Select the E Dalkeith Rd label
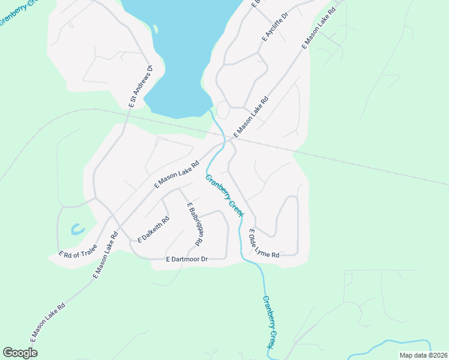point(154,229)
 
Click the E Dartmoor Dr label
point(186,259)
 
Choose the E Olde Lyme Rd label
point(264,244)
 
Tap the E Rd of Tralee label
point(77,253)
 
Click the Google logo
point(20,353)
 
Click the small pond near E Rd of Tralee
point(77,229)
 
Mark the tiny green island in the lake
point(155,29)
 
